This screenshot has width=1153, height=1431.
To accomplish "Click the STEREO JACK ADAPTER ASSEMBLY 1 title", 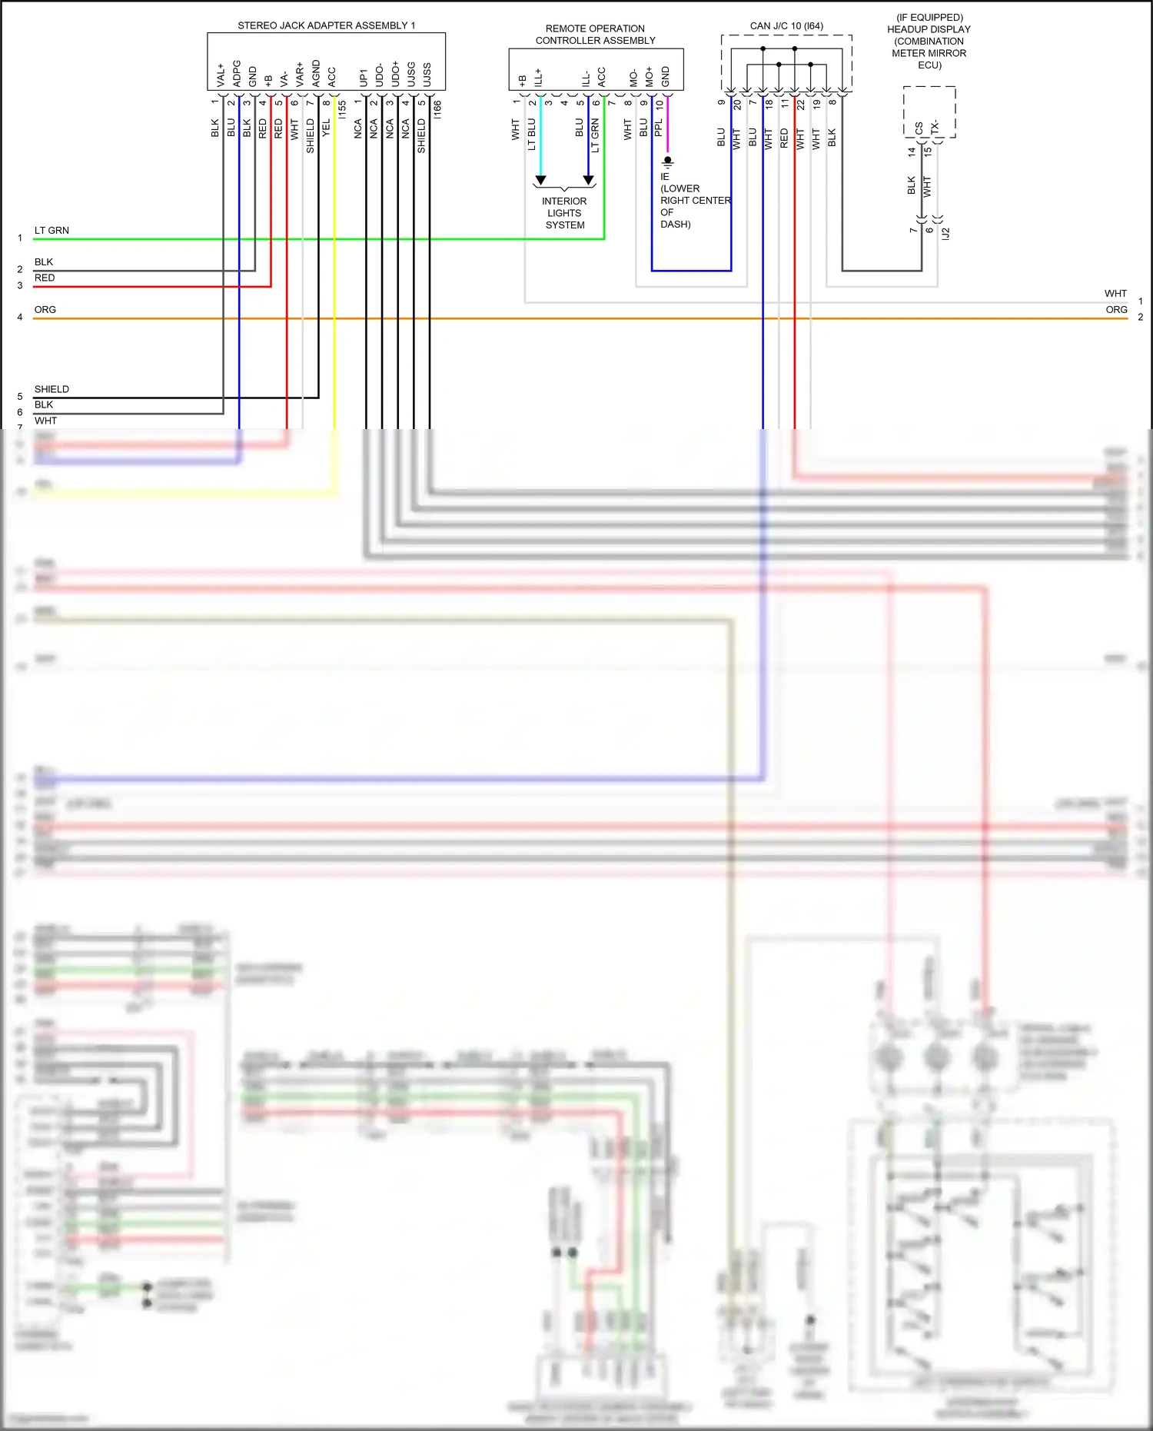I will pos(326,25).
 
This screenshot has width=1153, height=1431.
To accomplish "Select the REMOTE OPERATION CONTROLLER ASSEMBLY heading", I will pos(595,35).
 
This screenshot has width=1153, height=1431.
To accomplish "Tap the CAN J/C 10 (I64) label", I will pos(786,26).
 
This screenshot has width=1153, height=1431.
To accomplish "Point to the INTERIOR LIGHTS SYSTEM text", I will pos(564,213).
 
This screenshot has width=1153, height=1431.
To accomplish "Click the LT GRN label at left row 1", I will pos(52,231).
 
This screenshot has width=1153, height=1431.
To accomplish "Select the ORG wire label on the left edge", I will pos(45,310).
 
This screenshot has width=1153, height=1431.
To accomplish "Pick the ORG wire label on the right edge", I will pos(1116,310).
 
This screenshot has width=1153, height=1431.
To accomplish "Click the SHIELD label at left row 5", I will pos(52,389).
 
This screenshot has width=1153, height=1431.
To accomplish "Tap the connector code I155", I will pos(343,109).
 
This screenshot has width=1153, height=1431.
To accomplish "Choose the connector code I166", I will pos(437,109).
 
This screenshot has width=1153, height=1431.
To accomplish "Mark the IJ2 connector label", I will pos(946,233).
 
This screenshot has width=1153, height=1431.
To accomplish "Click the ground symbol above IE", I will pos(668,162).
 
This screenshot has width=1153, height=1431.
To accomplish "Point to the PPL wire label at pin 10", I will pos(659,128).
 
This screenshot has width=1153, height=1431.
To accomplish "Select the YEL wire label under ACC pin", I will pos(326,128).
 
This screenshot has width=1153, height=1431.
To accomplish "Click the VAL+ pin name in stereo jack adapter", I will pos(221,75).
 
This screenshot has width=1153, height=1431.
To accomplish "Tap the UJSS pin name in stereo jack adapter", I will pos(427,75).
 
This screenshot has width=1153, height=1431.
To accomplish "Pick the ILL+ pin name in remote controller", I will pos(538,77).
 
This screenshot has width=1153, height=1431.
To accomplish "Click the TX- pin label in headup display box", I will pos(935,128).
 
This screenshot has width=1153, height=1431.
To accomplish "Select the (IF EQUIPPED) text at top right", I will pos(929,18).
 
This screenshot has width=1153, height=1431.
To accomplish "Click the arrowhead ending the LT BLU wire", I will pos(540,181).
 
